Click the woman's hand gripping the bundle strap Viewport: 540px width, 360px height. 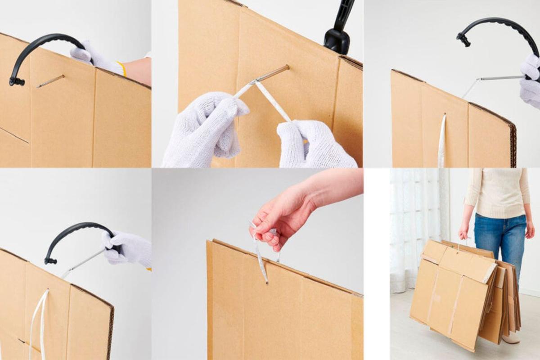pos(463,232)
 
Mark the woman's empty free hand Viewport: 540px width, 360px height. pos(530,229)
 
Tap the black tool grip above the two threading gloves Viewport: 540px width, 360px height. pos(337,34)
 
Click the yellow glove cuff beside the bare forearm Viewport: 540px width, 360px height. pos(122,68)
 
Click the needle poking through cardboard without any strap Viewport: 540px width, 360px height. pos(50,81)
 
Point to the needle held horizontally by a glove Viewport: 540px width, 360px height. pos(499,78)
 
